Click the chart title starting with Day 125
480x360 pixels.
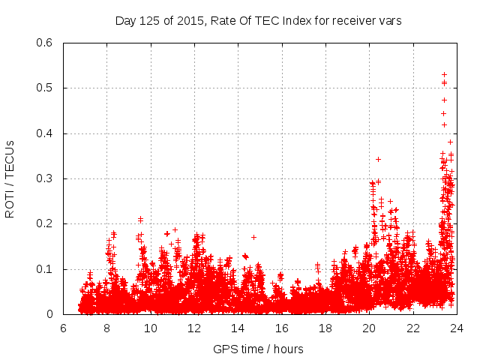259,21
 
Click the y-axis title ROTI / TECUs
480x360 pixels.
10,178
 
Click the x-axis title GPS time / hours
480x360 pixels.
259,349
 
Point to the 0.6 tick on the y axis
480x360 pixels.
46,43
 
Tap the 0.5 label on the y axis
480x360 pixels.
46,88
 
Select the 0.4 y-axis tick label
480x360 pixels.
46,133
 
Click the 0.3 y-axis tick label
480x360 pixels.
46,178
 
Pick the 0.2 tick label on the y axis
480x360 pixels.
46,223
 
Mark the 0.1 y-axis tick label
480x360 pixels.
46,269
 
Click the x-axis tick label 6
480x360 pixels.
64,328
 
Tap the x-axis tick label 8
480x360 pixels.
107,328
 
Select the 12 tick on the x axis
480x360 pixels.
194,328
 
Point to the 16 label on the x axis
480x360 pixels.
281,328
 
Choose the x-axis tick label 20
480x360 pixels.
368,328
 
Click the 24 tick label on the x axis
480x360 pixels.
455,328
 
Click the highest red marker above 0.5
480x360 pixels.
444,74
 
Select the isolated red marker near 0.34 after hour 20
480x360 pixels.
378,159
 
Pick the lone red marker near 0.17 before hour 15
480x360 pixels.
253,237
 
